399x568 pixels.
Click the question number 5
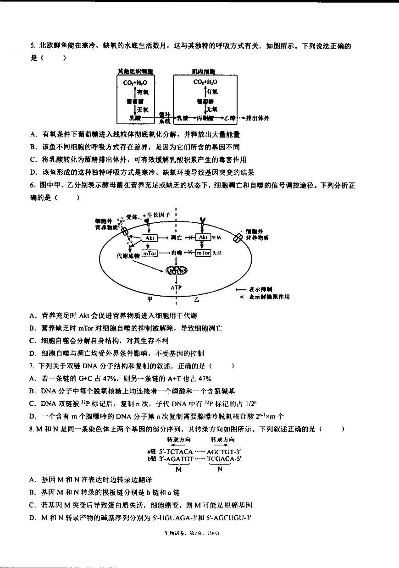coord(32,45)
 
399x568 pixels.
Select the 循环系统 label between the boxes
coord(165,118)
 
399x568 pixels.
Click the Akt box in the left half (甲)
coord(150,238)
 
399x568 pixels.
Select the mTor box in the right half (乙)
coord(203,253)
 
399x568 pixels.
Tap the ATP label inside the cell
coord(177,287)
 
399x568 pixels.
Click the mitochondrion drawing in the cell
coord(176,270)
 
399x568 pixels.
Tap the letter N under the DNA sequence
coord(219,469)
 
